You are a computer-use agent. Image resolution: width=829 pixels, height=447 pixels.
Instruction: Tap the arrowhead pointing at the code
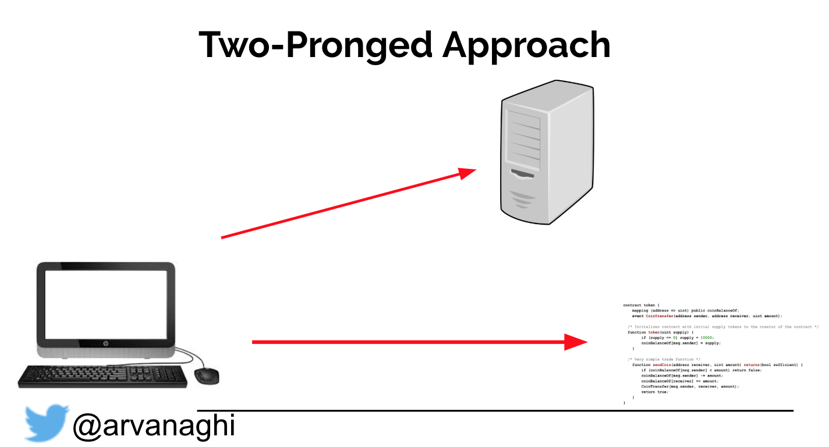pos(576,342)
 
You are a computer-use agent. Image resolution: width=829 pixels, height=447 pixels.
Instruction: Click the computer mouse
pos(206,375)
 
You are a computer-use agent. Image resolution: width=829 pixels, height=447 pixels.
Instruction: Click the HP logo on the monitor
pos(106,344)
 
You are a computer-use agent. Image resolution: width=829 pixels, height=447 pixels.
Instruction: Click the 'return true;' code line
pos(654,392)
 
